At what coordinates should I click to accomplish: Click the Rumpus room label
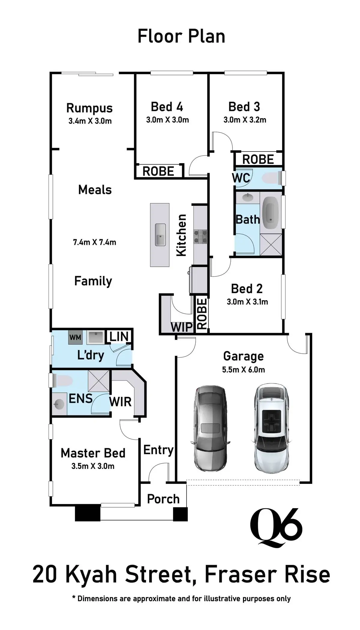[x=89, y=108]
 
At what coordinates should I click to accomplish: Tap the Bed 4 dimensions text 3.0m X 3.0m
[x=167, y=120]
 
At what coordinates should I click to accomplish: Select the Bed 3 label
[x=244, y=107]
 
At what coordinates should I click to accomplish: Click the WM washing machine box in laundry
[x=75, y=337]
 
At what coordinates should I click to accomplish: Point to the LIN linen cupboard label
[x=119, y=337]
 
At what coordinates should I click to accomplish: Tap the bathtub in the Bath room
[x=271, y=214]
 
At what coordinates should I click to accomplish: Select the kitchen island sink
[x=160, y=234]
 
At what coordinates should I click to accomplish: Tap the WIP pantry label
[x=181, y=327]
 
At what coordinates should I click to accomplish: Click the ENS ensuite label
[x=80, y=399]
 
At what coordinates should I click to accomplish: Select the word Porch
[x=163, y=499]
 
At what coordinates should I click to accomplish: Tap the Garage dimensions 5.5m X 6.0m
[x=243, y=370]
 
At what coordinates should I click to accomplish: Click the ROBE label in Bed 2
[x=202, y=313]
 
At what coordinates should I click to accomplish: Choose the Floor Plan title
[x=181, y=37]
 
